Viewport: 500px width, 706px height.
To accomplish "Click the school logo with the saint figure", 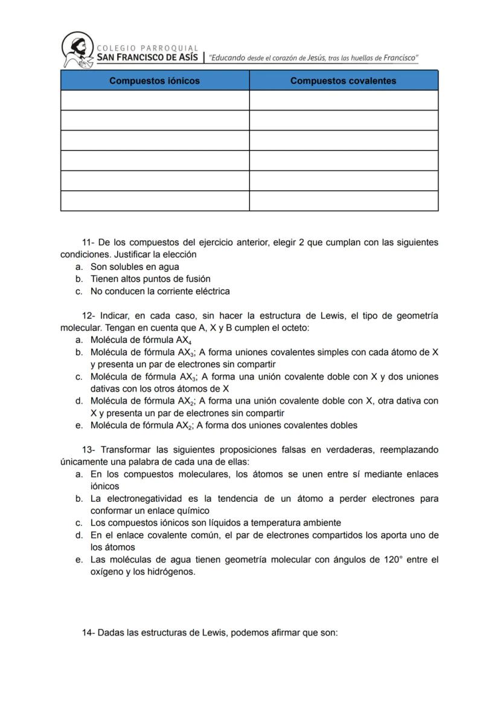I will pyautogui.click(x=78, y=50).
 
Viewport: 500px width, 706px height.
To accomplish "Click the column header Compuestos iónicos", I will pyautogui.click(x=155, y=80).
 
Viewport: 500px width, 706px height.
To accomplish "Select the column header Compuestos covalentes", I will pyautogui.click(x=343, y=80).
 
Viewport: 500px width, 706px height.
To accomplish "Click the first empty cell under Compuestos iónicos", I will pyautogui.click(x=155, y=100).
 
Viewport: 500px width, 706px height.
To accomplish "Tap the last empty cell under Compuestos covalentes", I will pyautogui.click(x=343, y=201).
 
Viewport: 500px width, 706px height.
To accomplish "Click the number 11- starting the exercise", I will pyautogui.click(x=89, y=242).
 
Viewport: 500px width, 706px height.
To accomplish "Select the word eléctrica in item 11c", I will pyautogui.click(x=211, y=291).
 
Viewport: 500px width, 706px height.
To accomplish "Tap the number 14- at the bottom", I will pyautogui.click(x=89, y=633).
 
